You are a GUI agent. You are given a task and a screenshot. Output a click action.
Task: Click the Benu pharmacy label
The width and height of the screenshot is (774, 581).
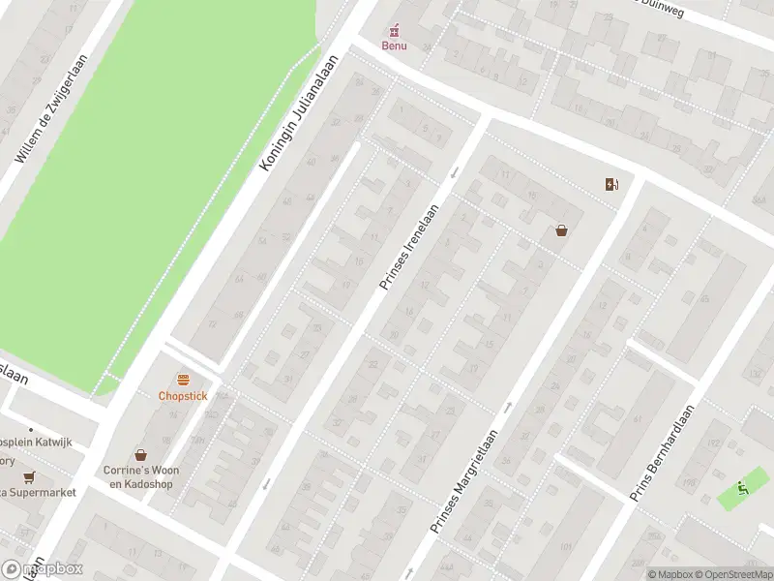pos(394,46)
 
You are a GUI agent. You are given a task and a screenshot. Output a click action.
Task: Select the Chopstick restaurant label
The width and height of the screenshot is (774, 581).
pos(183,396)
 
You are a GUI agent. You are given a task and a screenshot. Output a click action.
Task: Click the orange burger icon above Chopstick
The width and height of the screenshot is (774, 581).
pos(183,380)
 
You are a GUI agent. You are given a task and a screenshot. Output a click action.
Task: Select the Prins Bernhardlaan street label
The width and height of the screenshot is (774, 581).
pos(664,452)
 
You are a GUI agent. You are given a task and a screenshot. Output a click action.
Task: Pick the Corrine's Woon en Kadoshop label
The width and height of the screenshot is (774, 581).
pos(142,476)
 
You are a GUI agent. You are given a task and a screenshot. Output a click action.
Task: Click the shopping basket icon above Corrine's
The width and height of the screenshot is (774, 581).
pos(141,454)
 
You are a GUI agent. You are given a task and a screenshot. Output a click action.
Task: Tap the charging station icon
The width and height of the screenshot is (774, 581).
pos(611,184)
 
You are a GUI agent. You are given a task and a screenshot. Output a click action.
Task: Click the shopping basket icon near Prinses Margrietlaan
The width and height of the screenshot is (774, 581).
pos(561,230)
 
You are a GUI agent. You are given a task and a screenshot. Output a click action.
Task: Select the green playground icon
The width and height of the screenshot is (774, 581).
pos(742,487)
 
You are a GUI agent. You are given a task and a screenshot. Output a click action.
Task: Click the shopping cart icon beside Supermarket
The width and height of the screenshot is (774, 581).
pos(29,477)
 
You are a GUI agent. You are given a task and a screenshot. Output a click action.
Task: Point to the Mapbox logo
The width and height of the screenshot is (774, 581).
pos(43,568)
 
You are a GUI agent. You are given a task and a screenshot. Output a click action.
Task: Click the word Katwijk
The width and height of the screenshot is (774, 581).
pos(54,442)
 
